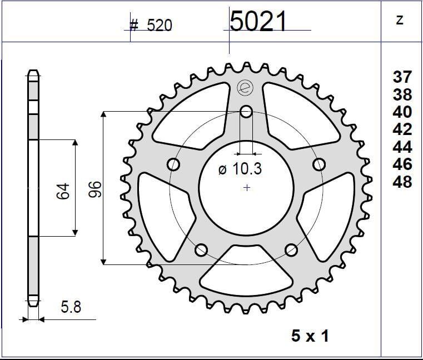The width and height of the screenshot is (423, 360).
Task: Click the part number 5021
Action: (258, 22)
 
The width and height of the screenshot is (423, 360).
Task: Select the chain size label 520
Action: (159, 26)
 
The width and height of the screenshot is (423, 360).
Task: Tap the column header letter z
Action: (400, 20)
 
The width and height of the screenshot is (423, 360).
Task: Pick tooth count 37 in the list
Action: (402, 77)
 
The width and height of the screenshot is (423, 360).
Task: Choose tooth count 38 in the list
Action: (402, 94)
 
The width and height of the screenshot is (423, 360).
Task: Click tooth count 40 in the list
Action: (402, 112)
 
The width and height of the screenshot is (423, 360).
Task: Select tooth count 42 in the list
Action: (402, 129)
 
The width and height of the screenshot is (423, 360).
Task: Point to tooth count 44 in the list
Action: (402, 147)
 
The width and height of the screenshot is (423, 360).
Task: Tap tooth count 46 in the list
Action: (402, 164)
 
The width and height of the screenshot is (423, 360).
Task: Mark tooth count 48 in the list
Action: (402, 182)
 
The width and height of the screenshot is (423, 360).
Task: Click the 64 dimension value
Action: (62, 191)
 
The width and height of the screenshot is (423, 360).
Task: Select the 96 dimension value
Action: (94, 189)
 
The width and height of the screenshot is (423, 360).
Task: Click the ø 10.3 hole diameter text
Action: (240, 169)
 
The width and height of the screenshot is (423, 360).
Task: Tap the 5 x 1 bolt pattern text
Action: (310, 336)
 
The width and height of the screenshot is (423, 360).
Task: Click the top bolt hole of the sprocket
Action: (246, 112)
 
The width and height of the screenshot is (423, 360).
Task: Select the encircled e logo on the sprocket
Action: (243, 87)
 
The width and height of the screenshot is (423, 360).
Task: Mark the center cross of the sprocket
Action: (247, 188)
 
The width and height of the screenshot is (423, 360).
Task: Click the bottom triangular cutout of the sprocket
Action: (246, 273)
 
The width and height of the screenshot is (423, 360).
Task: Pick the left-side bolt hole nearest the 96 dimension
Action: (174, 164)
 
